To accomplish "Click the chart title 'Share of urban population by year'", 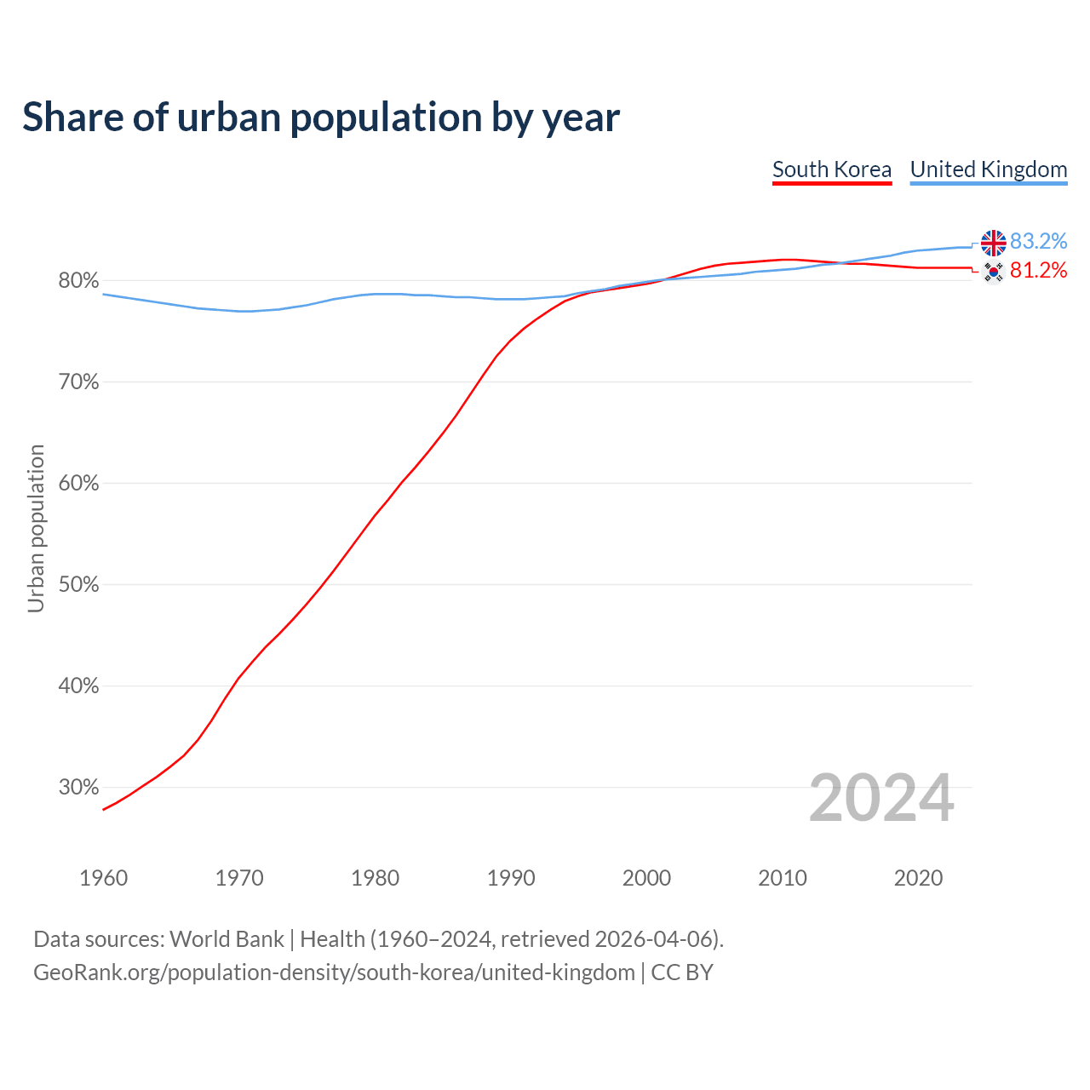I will pos(321,118).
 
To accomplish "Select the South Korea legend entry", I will pos(831,169).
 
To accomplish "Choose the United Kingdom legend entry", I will pos(988,169).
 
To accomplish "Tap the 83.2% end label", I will pos(1038,242).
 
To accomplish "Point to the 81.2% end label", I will pos(1038,271).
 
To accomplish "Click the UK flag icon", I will pos(993,243).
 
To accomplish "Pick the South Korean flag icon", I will pos(993,272).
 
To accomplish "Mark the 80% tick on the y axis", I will pos(78,281).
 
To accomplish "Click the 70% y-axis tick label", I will pos(78,382).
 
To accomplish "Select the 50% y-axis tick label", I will pos(78,585).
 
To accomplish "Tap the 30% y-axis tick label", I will pos(78,788).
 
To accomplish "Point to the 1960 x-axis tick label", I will pos(103,878).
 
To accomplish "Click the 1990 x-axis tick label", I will pos(511,878).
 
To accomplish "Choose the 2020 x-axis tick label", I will pos(918,878).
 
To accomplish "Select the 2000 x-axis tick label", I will pos(646,878).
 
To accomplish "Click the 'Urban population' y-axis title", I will pos(36,528).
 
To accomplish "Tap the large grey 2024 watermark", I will pos(881,799).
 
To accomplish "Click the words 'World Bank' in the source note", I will pos(227,939).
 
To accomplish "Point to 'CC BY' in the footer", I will pos(682,972).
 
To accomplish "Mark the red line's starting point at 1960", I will pos(103,809).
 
